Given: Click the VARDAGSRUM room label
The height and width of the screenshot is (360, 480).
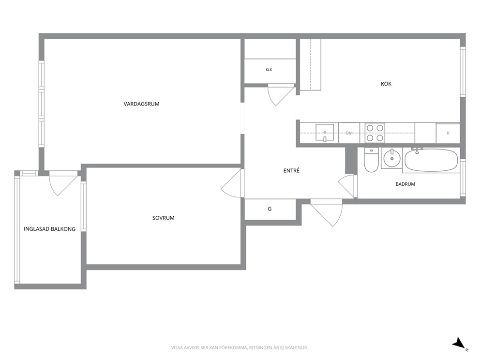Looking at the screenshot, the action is point(141,104).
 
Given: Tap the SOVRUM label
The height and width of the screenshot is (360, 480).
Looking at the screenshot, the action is point(163,218).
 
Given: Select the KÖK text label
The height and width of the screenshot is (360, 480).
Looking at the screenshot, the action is point(386,84).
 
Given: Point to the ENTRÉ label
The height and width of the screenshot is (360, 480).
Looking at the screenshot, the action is point(291,170).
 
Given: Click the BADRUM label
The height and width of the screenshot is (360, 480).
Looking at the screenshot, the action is point(405,184).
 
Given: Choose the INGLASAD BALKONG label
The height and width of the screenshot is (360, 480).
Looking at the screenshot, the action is point(49,229).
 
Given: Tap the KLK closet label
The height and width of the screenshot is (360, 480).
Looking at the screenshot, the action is point(269,70).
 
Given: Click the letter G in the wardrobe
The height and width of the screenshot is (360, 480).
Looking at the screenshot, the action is point(270,209).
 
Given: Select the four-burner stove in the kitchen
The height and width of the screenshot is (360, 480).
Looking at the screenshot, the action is point(375,133).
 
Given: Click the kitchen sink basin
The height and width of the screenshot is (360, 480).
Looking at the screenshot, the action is point(325,133).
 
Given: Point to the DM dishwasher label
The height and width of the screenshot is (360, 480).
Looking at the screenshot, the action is point(349,133).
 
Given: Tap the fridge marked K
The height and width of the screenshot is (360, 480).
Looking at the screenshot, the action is point(448,133).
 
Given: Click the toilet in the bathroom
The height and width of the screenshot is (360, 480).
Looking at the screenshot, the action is point(371,160).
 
